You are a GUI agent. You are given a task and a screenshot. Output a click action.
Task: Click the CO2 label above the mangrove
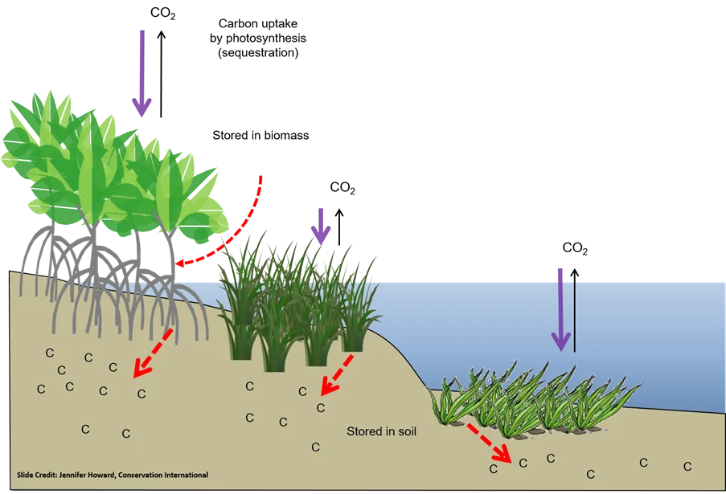163,14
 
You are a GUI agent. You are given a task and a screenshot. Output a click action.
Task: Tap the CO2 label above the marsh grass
342,188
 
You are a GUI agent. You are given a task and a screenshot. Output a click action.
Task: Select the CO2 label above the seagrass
575,248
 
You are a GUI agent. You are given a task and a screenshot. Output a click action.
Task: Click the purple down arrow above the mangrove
142,74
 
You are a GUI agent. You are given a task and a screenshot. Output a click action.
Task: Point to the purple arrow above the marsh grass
321,227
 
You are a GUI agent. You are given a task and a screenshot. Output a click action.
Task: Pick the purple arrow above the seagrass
560,309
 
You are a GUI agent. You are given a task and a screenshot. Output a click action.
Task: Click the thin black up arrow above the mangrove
161,74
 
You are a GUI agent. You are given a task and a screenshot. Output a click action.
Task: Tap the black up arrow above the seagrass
575,310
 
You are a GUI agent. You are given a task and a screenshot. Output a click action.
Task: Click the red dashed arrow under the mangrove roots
154,353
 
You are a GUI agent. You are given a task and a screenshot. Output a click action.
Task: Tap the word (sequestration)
258,53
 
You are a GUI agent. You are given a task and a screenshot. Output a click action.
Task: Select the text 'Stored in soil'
382,431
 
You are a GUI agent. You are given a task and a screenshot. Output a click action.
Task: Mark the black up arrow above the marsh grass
339,227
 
